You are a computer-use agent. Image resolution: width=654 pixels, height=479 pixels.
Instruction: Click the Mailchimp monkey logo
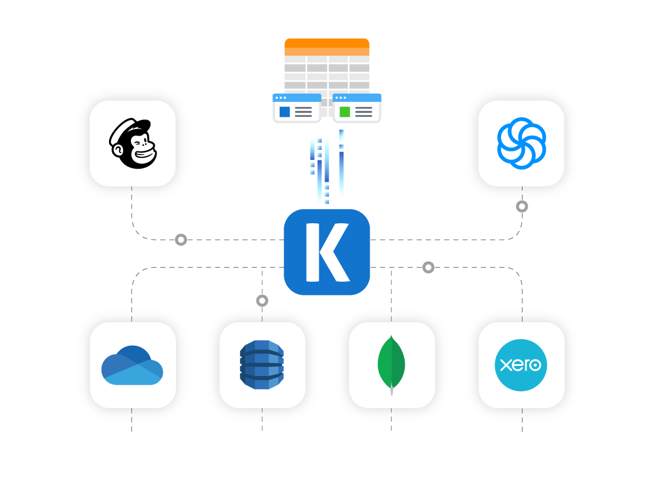pyautogui.click(x=133, y=143)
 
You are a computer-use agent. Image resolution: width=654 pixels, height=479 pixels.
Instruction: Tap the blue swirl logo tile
pyautogui.click(x=521, y=143)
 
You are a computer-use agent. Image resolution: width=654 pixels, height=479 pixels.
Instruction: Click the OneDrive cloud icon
pyautogui.click(x=132, y=365)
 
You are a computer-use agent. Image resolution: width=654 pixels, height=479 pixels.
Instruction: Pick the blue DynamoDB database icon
pyautogui.click(x=262, y=365)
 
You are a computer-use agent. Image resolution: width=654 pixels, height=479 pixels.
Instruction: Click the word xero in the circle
pyautogui.click(x=521, y=365)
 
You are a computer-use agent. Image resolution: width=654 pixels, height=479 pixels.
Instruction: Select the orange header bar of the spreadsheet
pyautogui.click(x=327, y=43)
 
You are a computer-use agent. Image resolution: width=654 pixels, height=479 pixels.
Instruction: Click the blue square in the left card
pyautogui.click(x=285, y=112)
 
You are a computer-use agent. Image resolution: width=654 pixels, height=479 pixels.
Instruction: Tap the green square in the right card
pyautogui.click(x=345, y=112)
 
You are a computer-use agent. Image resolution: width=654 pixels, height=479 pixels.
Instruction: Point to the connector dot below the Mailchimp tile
pyautogui.click(x=181, y=240)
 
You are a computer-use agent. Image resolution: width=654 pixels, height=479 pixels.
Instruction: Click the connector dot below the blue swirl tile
pyautogui.click(x=522, y=207)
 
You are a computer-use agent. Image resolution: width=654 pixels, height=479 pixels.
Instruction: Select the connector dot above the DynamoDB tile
pyautogui.click(x=262, y=301)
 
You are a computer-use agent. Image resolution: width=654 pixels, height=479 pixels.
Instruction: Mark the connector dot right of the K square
pyautogui.click(x=428, y=268)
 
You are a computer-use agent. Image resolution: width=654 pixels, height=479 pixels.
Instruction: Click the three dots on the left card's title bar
pyautogui.click(x=280, y=98)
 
